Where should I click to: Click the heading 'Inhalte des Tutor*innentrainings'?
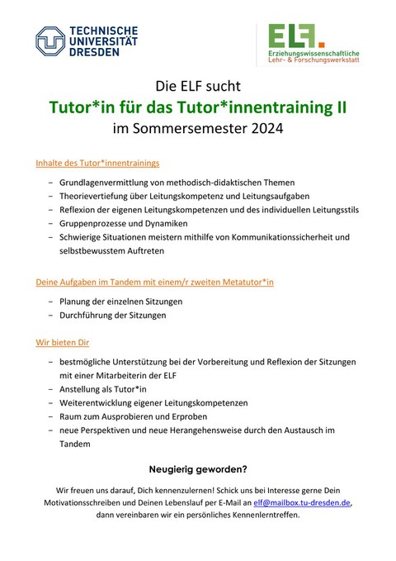(97, 163)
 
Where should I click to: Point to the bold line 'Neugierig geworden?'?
(198, 469)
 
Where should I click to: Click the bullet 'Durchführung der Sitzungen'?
(112, 315)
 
